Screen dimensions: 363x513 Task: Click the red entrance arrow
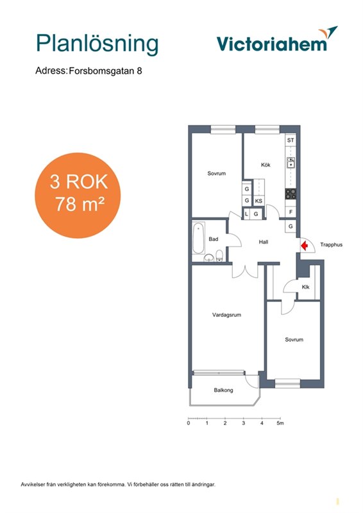point(305,245)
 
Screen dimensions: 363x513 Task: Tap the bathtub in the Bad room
point(198,238)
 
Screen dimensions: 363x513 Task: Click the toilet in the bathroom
point(219,255)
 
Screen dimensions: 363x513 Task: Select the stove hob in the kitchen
point(291,194)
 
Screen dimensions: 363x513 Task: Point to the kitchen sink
point(291,163)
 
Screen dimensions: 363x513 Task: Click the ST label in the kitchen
point(291,140)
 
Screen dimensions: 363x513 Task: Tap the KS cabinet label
point(258,201)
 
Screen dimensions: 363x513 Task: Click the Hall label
point(264,242)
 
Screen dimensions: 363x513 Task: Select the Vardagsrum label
point(226,315)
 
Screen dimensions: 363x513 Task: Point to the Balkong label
point(224,390)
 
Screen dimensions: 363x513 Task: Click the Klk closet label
point(306,287)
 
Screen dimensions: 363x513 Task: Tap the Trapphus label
point(331,245)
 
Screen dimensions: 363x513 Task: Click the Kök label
point(266,165)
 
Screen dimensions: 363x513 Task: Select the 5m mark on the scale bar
point(280,423)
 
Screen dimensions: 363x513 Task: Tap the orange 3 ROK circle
point(78,196)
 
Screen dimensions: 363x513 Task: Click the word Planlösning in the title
point(97,44)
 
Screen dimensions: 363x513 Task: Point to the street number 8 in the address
point(139,71)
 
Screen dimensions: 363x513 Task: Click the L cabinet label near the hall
point(246,214)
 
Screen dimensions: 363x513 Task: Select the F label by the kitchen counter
point(291,212)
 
